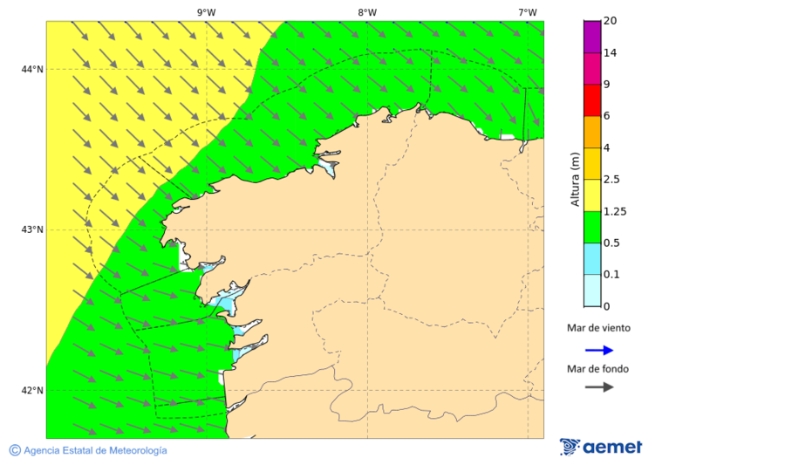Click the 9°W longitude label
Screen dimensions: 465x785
pos(206,12)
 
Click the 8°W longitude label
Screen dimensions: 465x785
pos(366,12)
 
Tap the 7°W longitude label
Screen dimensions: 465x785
pos(527,12)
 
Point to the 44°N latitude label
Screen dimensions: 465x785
pos(32,69)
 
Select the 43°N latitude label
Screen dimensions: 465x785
pos(32,229)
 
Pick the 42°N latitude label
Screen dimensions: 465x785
pos(32,390)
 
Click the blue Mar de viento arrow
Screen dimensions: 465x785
pos(599,350)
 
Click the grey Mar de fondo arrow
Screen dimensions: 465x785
pos(599,387)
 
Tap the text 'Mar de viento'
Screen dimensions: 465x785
pos(598,329)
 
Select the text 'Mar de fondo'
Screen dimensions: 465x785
pos(598,368)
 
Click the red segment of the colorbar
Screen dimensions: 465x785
pos(592,100)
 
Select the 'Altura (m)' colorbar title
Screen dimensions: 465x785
pos(575,179)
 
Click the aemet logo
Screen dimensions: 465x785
pos(601,447)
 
